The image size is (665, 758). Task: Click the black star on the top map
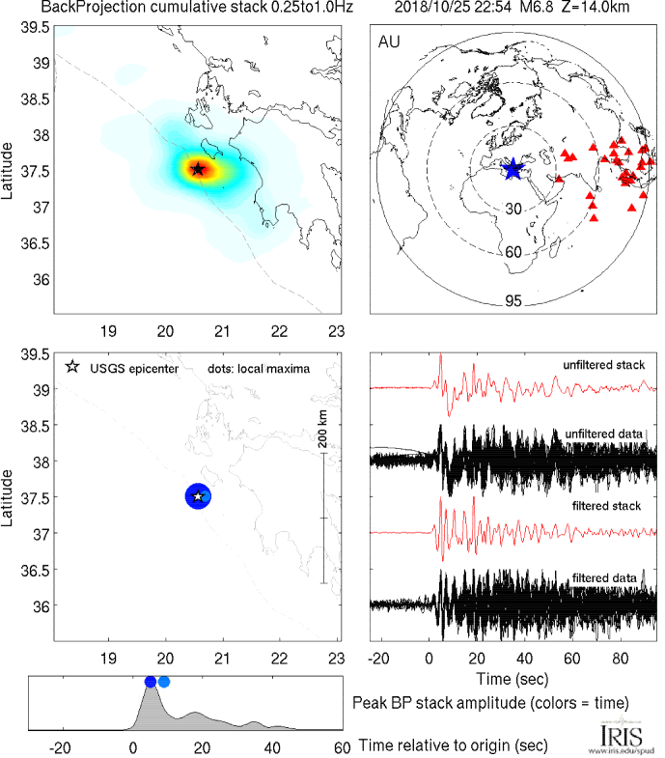point(198,169)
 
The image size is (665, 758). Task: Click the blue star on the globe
point(512,169)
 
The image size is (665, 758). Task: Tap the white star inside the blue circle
point(198,496)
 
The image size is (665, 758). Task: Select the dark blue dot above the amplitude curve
point(150,682)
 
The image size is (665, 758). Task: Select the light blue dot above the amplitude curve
point(164,682)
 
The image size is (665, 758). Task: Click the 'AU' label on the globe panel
point(390,42)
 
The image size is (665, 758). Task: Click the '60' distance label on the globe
point(513,252)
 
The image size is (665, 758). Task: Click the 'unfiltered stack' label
point(604,365)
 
